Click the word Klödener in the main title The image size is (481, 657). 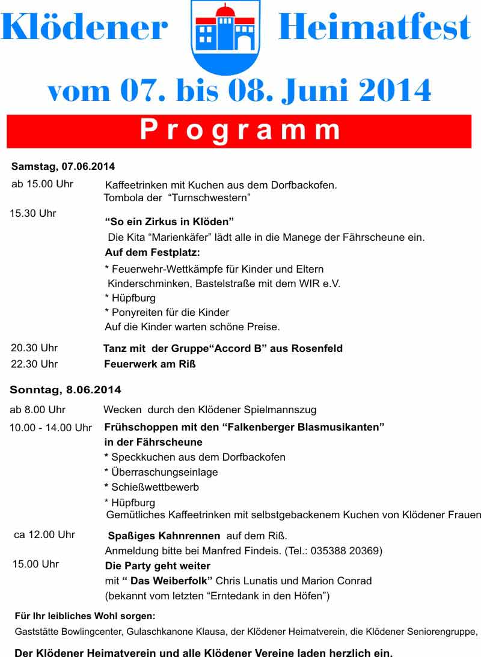click(84, 27)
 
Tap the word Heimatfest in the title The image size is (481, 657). click(374, 27)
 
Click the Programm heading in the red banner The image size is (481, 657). click(240, 130)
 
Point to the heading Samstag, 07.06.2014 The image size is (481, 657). click(63, 166)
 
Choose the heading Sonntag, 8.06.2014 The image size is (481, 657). click(66, 390)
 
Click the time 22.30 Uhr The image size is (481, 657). click(34, 364)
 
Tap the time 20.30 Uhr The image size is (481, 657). click(34, 348)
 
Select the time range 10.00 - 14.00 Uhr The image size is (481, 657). click(51, 428)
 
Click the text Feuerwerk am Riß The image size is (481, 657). click(150, 364)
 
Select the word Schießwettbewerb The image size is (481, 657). click(155, 487)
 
